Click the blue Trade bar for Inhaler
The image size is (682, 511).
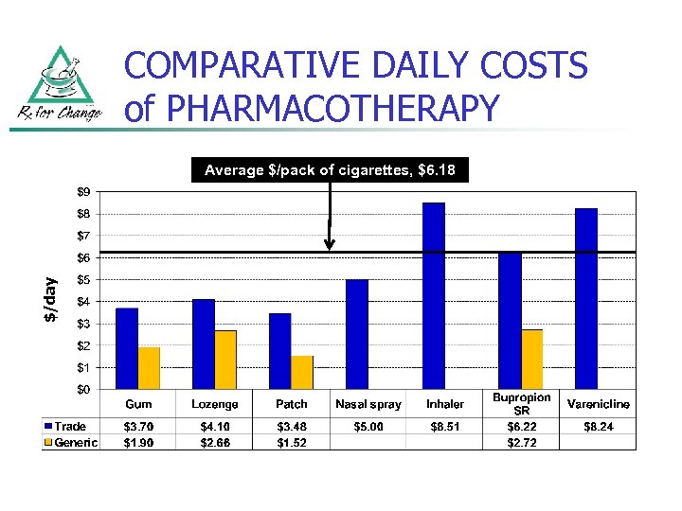pos(434,295)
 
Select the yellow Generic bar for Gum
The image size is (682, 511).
pos(150,368)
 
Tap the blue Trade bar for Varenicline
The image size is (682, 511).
pos(586,298)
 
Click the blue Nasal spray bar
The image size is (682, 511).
pos(357,334)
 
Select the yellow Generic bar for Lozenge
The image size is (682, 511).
pos(225,360)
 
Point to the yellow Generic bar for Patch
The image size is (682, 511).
pos(302,372)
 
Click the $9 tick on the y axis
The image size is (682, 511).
pos(85,191)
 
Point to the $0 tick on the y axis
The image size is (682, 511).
pos(85,389)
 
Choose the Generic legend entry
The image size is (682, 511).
pos(70,442)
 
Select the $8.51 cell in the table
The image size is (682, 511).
pos(444,428)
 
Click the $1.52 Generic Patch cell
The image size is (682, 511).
pos(292,442)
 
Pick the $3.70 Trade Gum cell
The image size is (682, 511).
pos(139,428)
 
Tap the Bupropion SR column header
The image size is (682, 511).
pos(521,404)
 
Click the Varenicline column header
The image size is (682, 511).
pos(598,404)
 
